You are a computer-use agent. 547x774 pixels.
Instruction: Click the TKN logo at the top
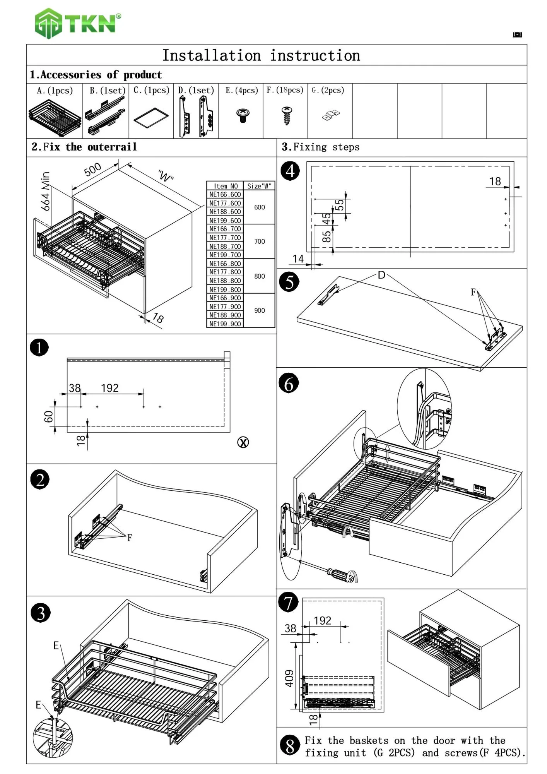(x=77, y=23)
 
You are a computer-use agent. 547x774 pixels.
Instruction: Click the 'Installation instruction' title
(x=261, y=55)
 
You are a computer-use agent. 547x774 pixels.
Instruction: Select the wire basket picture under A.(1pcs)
(x=55, y=117)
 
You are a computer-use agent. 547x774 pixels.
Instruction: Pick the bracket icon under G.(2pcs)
(x=331, y=115)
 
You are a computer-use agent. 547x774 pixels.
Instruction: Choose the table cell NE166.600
(x=225, y=194)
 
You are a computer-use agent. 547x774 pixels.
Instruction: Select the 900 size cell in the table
(x=260, y=310)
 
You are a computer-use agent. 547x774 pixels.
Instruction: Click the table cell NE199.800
(x=225, y=289)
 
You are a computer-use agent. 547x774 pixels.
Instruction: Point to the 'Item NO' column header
(x=226, y=186)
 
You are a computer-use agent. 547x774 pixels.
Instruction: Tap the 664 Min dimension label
(x=46, y=191)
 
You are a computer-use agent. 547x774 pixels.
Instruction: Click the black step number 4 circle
(x=290, y=171)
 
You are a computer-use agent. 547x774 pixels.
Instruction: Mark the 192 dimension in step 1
(x=110, y=388)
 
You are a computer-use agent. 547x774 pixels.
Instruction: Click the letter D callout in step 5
(x=381, y=275)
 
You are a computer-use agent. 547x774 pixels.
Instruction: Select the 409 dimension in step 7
(x=289, y=678)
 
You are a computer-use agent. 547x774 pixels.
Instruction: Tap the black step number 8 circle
(x=290, y=746)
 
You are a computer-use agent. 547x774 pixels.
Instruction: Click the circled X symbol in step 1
(x=243, y=442)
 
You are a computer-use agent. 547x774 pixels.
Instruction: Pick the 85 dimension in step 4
(x=327, y=236)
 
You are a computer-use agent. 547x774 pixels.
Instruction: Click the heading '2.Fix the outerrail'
(x=84, y=147)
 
